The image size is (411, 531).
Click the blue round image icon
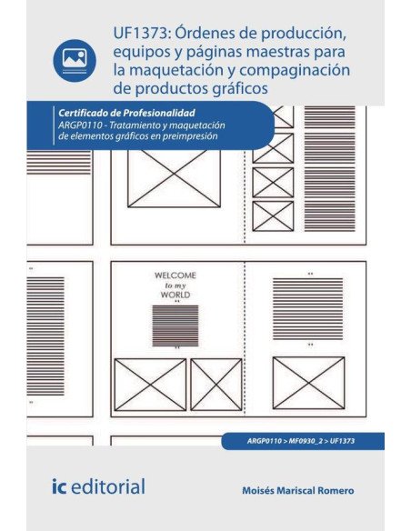[75, 60]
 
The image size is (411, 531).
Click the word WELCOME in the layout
[175, 274]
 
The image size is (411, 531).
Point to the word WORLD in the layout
[175, 296]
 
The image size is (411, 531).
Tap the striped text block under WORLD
[175, 325]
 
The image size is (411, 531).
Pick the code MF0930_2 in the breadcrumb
[301, 440]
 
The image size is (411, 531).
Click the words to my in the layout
[175, 285]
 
